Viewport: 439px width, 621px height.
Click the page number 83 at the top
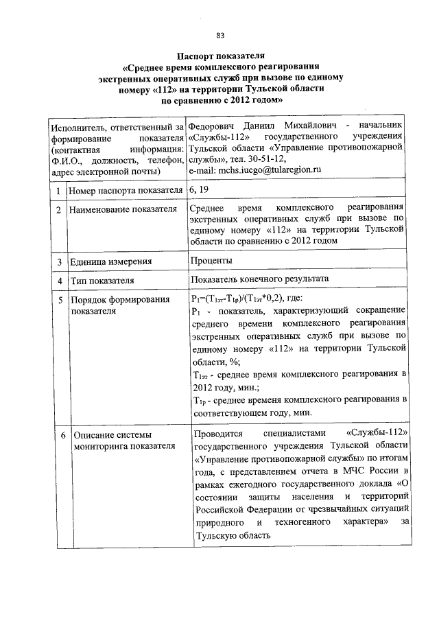tap(219, 35)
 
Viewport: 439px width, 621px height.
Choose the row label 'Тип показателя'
tap(101, 281)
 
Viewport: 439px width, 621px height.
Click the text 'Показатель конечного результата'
tap(261, 280)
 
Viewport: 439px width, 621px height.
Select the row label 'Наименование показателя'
tap(117, 209)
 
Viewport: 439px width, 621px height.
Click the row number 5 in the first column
tap(61, 300)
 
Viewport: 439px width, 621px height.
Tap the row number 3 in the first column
tap(61, 261)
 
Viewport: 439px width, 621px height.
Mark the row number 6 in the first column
tap(62, 436)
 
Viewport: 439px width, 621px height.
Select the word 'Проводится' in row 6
tap(217, 436)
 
